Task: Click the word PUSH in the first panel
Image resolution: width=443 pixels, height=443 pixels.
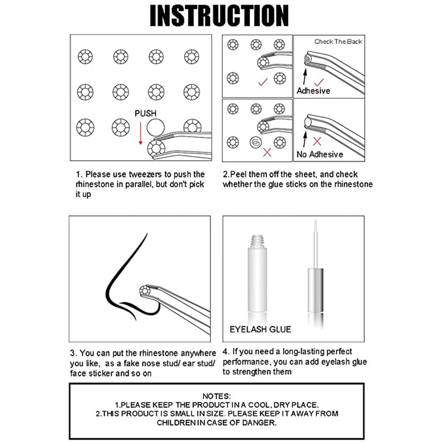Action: click(145, 114)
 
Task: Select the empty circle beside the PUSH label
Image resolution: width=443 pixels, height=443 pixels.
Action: click(155, 129)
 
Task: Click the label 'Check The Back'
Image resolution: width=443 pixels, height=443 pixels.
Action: click(338, 42)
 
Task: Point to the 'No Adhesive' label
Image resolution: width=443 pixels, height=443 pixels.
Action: click(320, 154)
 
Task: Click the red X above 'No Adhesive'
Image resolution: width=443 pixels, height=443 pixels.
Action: click(317, 141)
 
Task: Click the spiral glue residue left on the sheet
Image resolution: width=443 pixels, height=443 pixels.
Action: click(256, 142)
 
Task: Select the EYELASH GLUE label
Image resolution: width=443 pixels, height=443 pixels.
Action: click(260, 329)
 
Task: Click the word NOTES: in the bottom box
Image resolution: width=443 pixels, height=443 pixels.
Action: click(217, 396)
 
